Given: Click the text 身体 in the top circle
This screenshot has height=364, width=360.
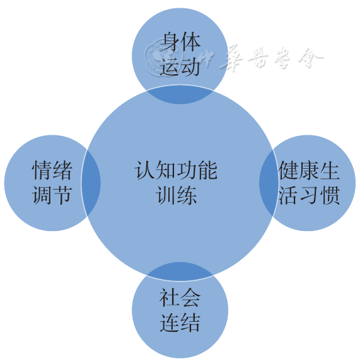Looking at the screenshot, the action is pyautogui.click(x=180, y=42).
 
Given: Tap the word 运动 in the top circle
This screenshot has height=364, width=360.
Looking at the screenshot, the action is pyautogui.click(x=180, y=67).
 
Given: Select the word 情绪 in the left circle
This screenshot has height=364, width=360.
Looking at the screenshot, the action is pyautogui.click(x=52, y=171).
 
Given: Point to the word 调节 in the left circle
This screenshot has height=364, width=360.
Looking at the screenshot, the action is pyautogui.click(x=52, y=195).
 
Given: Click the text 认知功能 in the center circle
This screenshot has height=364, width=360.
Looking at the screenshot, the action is pyautogui.click(x=176, y=171).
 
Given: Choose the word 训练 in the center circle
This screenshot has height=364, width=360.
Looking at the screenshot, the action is pyautogui.click(x=177, y=195).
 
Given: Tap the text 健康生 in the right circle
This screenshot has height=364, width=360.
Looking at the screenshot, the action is pyautogui.click(x=309, y=171).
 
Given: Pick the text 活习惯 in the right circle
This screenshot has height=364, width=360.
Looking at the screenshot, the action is pyautogui.click(x=309, y=195).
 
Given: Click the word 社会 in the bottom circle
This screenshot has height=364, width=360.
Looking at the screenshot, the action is pyautogui.click(x=180, y=298).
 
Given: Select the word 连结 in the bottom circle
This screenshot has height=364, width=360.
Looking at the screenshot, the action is pyautogui.click(x=180, y=322).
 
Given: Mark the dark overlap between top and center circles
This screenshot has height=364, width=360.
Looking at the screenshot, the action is pyautogui.click(x=180, y=94).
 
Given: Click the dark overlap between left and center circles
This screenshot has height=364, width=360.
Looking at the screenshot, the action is pyautogui.click(x=91, y=183).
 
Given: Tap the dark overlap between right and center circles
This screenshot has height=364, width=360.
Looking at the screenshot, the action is pyautogui.click(x=269, y=183).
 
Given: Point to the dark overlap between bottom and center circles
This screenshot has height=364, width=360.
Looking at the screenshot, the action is pyautogui.click(x=180, y=271).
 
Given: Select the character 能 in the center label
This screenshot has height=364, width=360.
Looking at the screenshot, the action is pyautogui.click(x=207, y=171).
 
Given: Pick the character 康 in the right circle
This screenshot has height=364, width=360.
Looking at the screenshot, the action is pyautogui.click(x=309, y=171).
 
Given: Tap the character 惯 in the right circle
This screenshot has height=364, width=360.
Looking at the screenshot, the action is pyautogui.click(x=330, y=195).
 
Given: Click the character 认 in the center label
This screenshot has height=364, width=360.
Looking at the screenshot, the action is pyautogui.click(x=144, y=171).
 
